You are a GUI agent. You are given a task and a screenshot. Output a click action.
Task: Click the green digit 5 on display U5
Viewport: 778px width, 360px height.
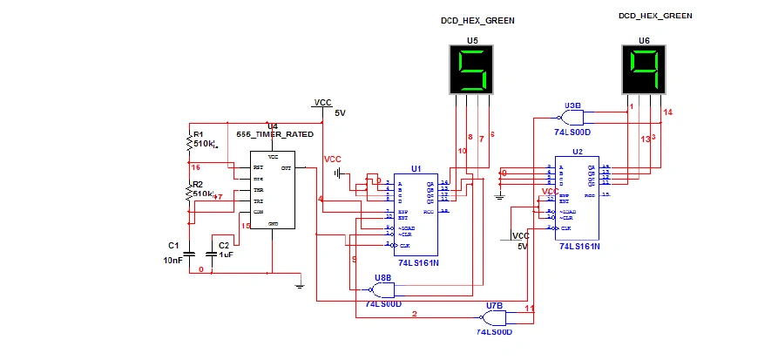click(472, 71)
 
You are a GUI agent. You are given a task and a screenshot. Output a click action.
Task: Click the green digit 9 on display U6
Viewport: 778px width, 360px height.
click(645, 70)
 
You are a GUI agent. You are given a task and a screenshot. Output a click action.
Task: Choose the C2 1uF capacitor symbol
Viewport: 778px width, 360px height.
click(211, 254)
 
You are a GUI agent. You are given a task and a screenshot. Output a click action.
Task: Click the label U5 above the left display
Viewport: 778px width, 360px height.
click(472, 40)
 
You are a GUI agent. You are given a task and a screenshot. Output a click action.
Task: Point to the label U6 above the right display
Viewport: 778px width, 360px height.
click(644, 40)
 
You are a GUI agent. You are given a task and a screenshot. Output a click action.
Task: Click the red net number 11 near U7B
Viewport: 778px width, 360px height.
click(529, 309)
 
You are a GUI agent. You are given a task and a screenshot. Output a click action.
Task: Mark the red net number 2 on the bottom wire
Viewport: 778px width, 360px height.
click(415, 314)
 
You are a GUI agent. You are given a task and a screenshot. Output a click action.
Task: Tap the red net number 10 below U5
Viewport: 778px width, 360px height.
click(462, 152)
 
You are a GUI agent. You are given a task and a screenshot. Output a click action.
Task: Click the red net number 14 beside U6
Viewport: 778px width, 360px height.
click(668, 112)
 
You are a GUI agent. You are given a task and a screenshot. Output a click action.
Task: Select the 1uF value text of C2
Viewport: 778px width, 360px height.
click(226, 255)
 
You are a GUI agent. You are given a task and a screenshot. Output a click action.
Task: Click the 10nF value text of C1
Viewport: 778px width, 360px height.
click(173, 260)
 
